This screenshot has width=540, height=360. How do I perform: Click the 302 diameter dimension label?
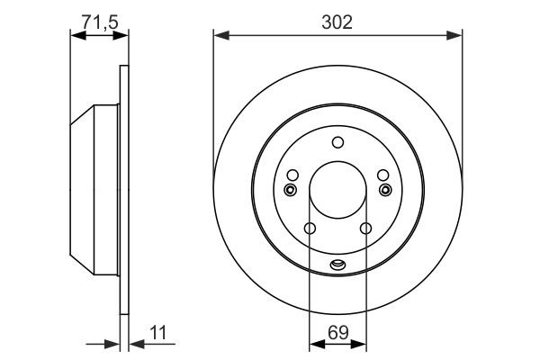click(x=337, y=22)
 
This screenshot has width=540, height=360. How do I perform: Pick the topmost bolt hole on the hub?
click(x=337, y=141)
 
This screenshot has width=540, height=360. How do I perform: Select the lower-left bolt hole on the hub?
click(x=310, y=229)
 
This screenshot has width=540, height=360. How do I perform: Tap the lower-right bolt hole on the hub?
click(x=365, y=229)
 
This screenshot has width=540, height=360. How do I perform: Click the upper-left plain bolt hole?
click(x=292, y=175)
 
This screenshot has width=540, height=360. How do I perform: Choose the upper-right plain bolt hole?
click(x=382, y=175)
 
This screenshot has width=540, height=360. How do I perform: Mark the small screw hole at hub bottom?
click(x=337, y=264)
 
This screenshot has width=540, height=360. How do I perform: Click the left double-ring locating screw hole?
click(x=289, y=189)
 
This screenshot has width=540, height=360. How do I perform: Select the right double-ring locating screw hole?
click(x=386, y=189)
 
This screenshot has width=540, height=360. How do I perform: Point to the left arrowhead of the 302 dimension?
click(x=219, y=35)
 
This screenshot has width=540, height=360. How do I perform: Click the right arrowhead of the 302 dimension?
click(x=456, y=35)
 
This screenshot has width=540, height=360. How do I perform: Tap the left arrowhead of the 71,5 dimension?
click(x=76, y=35)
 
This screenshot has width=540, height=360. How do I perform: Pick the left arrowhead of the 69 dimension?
click(x=314, y=343)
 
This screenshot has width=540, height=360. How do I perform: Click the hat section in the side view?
click(x=94, y=189)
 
